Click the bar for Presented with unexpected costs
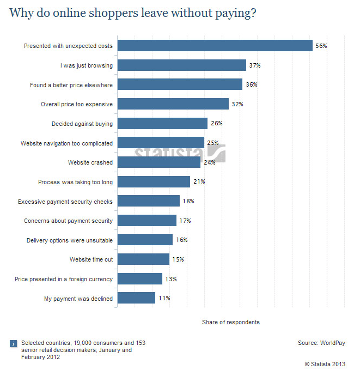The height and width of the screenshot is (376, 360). click(215, 46)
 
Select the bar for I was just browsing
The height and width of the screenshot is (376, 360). click(182, 65)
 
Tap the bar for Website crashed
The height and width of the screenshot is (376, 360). click(159, 162)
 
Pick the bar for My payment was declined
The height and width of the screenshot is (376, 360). click(136, 298)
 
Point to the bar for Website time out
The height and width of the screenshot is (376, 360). click(143, 259)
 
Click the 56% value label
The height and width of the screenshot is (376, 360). click(321, 46)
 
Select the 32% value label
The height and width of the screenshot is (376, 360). click(237, 104)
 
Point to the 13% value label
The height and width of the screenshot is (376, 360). click(170, 279)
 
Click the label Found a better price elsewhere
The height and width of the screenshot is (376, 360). click(71, 85)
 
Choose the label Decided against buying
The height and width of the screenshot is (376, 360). click(82, 124)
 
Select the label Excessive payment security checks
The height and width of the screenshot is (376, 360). click(65, 202)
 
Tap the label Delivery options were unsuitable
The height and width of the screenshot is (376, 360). click(70, 240)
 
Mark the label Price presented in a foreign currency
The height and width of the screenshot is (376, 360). click(64, 279)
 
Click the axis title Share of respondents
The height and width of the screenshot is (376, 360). click(231, 322)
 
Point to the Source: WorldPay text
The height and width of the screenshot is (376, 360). click(321, 343)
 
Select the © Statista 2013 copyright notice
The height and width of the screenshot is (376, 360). click(325, 363)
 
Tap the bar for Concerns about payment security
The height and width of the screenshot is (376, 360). click(147, 221)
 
